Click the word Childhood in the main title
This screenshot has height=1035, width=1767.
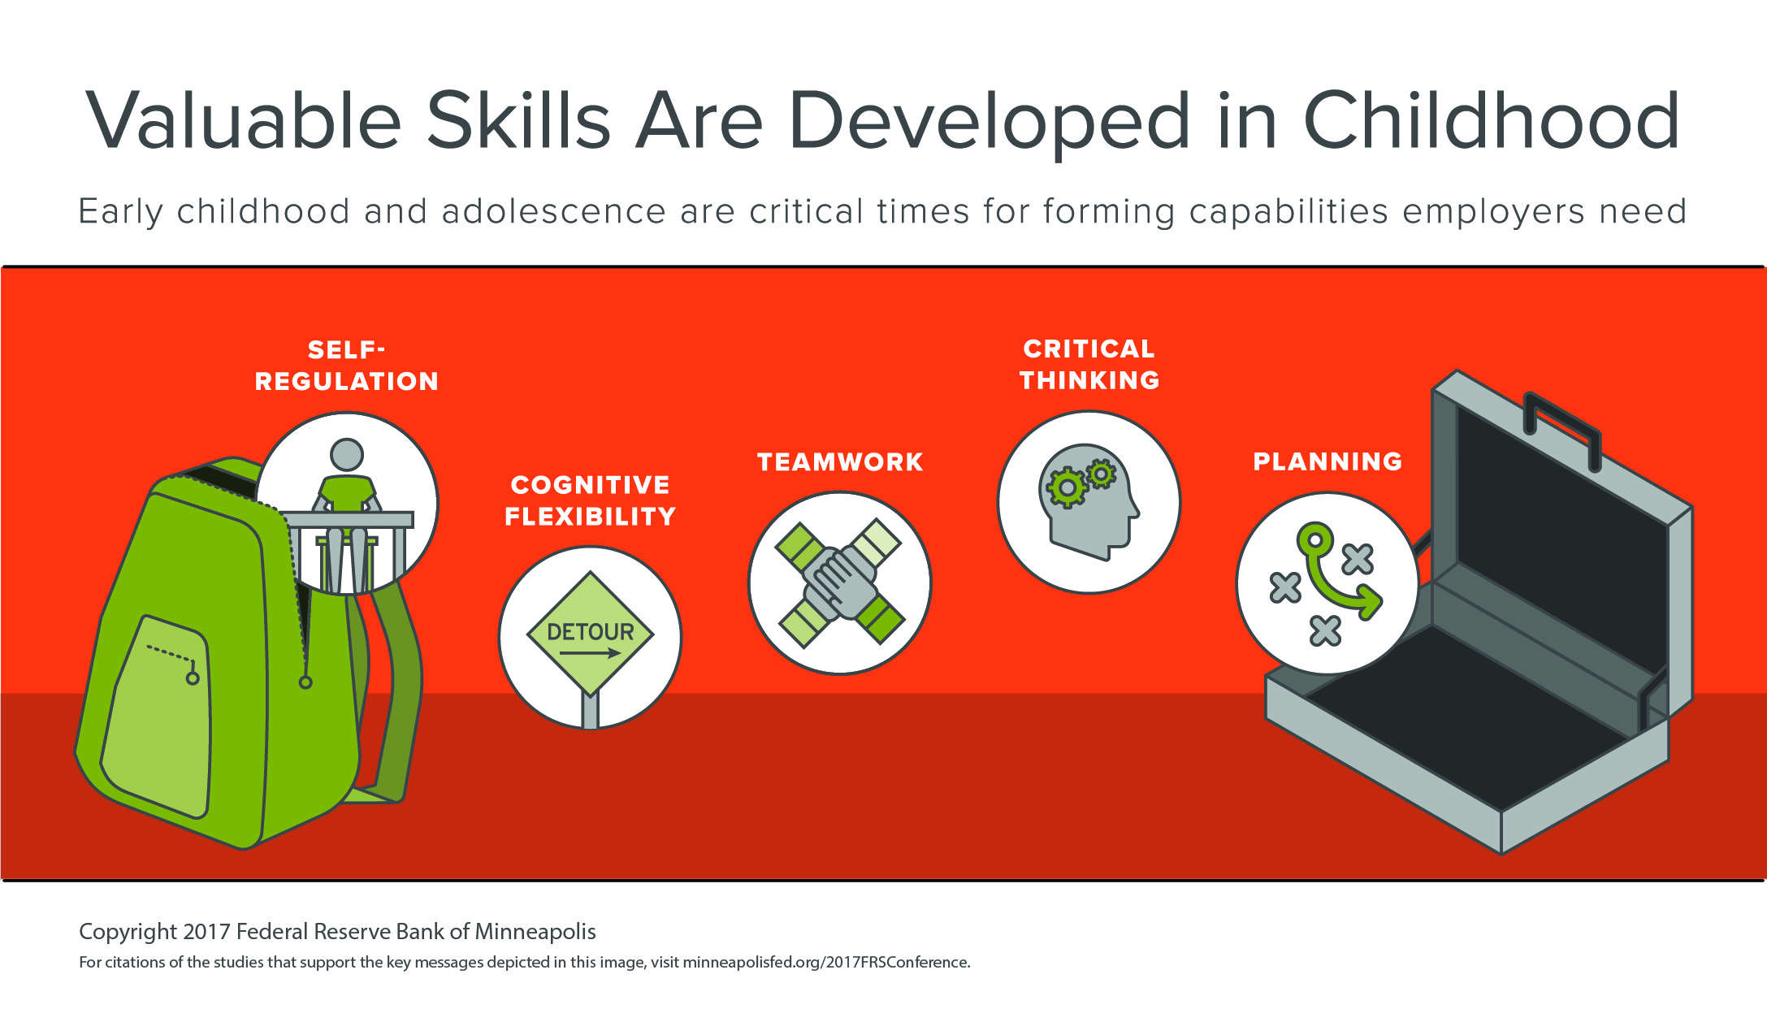[1492, 121]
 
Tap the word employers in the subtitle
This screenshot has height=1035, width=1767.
[1493, 211]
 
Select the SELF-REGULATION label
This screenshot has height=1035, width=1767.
[347, 366]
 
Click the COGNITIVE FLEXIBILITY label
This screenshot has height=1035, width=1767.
[591, 500]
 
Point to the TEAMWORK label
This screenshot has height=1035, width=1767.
[840, 462]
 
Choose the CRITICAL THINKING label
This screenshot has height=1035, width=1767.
[1089, 365]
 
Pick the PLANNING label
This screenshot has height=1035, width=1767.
[1327, 461]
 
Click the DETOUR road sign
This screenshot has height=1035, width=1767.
[591, 633]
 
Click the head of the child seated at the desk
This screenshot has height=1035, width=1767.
[347, 454]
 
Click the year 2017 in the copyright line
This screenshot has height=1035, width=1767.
[206, 932]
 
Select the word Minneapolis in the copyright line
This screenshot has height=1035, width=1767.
[535, 932]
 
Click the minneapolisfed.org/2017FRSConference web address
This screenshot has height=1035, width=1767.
[825, 963]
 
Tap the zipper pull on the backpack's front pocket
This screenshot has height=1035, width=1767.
[193, 678]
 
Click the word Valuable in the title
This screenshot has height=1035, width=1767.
[244, 121]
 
